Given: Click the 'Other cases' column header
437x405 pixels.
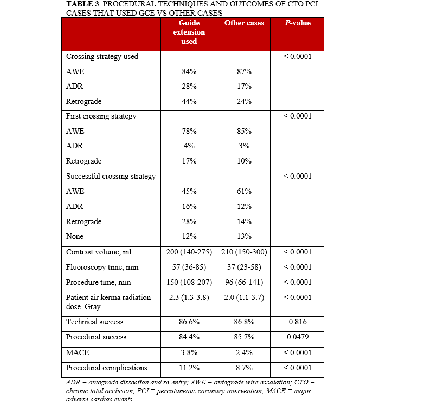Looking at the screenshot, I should tap(244, 23).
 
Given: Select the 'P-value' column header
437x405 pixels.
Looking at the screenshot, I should tap(297, 23).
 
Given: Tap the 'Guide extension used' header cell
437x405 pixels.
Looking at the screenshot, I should tap(189, 32).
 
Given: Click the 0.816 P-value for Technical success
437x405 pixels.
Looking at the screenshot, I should tap(297, 322).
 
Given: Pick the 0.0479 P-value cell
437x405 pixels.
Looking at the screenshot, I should tap(297, 337).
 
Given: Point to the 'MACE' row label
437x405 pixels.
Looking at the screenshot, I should tap(75, 352).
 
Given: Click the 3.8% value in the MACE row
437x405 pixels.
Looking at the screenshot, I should tap(189, 352).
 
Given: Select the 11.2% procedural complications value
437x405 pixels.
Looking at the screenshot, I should tap(189, 368).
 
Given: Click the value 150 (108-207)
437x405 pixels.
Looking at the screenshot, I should tap(189, 282).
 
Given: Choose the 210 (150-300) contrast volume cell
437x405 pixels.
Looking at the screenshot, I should tap(244, 252).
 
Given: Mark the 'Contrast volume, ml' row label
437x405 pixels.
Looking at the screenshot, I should tap(98, 252).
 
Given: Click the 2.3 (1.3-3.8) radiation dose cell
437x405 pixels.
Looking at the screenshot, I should tap(189, 297).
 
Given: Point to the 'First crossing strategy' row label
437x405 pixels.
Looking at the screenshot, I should tap(101, 116).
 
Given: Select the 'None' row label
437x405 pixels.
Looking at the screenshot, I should tap(75, 237).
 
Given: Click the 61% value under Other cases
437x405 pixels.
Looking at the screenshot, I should tap(244, 191).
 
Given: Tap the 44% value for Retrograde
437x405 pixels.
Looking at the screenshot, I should tap(189, 101).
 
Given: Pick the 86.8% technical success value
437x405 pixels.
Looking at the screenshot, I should tap(244, 322).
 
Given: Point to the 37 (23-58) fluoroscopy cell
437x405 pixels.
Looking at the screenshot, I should tap(244, 267).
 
